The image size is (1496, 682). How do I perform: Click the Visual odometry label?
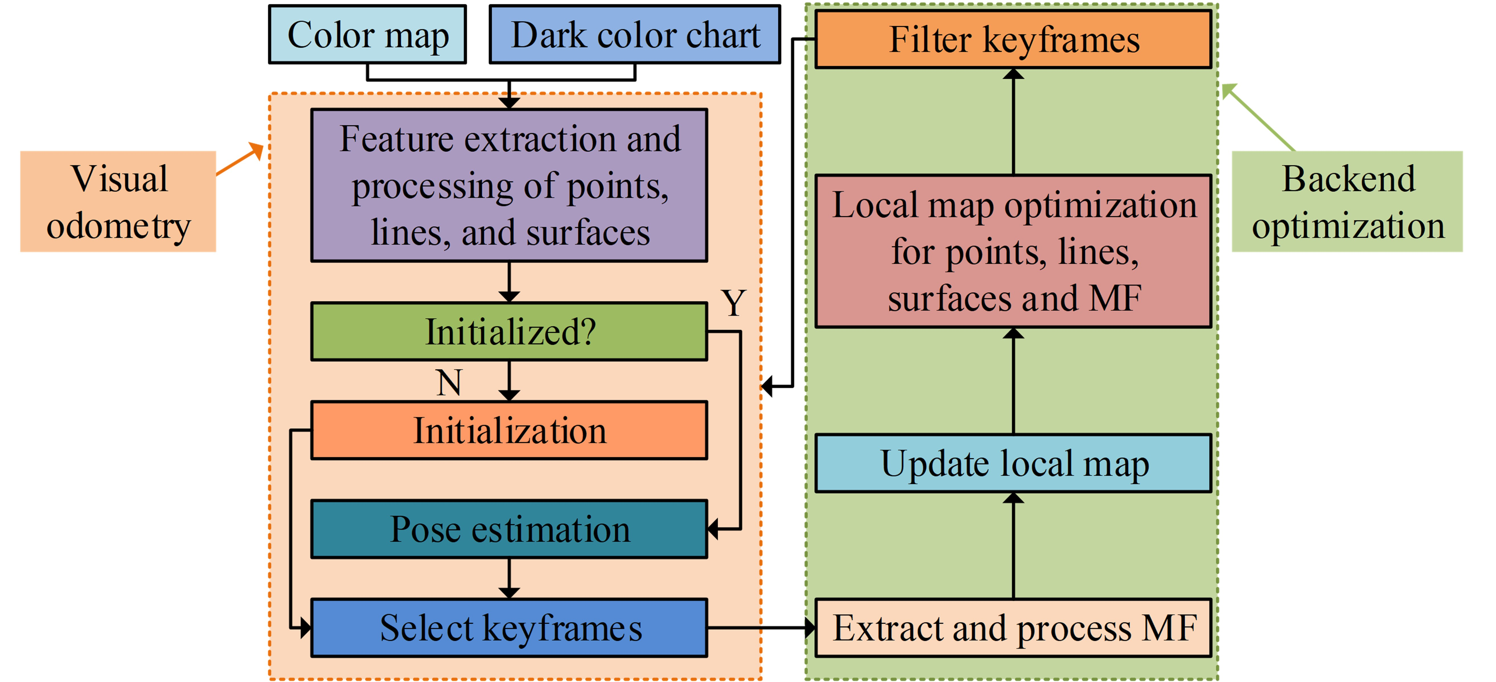[x=119, y=202]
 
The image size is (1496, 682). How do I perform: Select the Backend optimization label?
[x=1347, y=202]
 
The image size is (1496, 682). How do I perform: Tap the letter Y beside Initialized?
[x=734, y=303]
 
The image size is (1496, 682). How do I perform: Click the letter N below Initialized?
[x=449, y=383]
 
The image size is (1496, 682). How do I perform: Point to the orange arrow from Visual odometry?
[x=239, y=159]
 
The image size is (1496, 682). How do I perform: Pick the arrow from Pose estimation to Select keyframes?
[x=509, y=578]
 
